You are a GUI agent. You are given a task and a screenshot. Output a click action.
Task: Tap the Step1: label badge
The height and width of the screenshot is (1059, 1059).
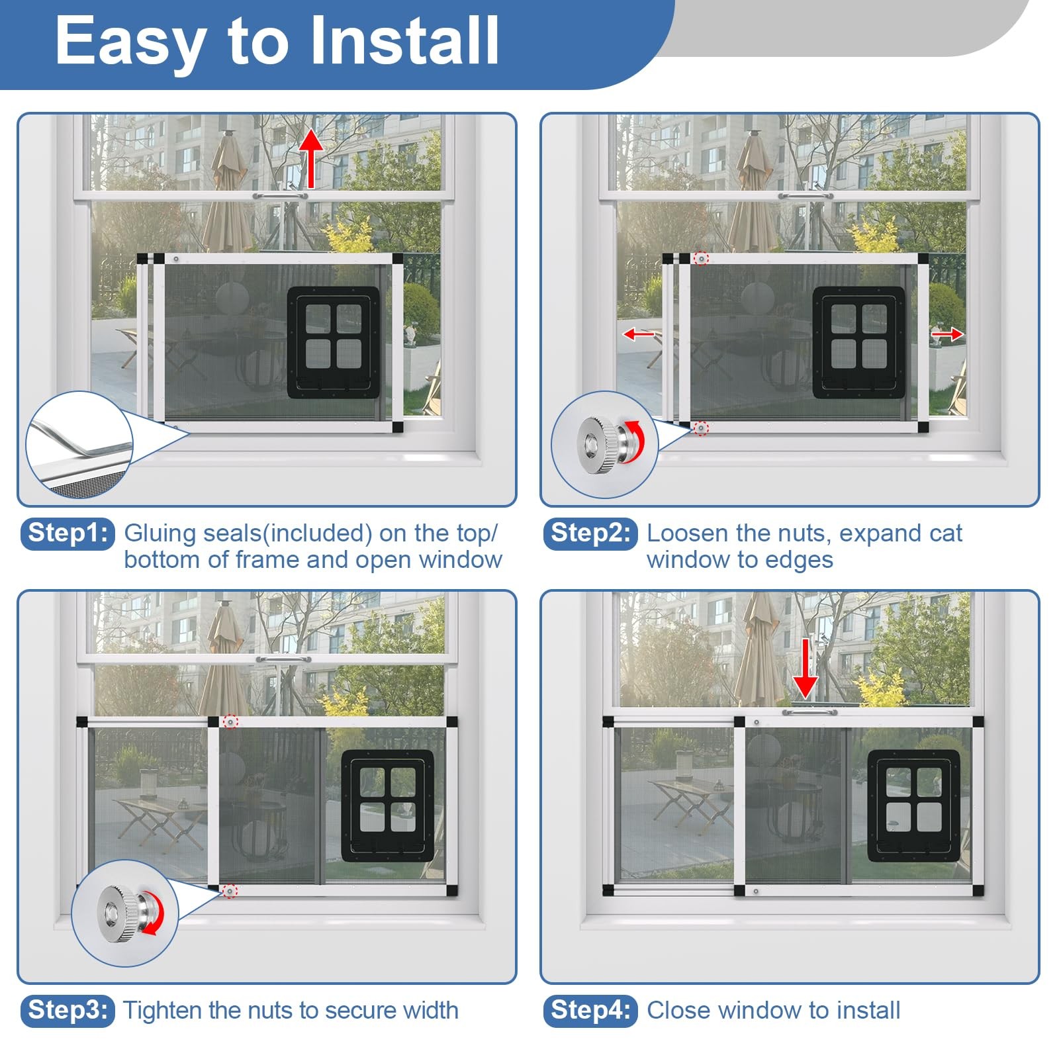[x=68, y=533]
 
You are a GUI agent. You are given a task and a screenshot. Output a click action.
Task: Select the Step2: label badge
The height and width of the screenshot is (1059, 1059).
[x=590, y=533]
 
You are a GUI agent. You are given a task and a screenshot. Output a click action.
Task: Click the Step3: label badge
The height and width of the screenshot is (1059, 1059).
[x=68, y=1011]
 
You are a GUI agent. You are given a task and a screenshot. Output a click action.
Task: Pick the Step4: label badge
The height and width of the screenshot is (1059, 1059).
[x=590, y=1011]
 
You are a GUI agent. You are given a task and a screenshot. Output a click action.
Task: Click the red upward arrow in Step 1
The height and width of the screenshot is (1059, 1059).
[x=310, y=159]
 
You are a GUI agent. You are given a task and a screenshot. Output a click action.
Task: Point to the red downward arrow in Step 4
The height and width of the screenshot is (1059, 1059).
[x=805, y=668]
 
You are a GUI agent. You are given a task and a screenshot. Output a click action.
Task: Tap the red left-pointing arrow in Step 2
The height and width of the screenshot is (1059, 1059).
[x=639, y=334]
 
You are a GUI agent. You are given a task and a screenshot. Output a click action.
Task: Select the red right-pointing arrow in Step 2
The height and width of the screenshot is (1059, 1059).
[x=947, y=334]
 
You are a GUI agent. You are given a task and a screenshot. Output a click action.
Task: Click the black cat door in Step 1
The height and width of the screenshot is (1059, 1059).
[x=334, y=342]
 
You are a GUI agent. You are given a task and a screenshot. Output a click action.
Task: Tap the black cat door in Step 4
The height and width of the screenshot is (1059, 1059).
[x=914, y=806]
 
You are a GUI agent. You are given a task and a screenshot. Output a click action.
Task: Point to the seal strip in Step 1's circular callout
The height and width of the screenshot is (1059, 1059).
[x=83, y=439]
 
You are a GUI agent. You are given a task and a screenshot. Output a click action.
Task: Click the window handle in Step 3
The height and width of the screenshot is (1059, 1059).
[x=283, y=659]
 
